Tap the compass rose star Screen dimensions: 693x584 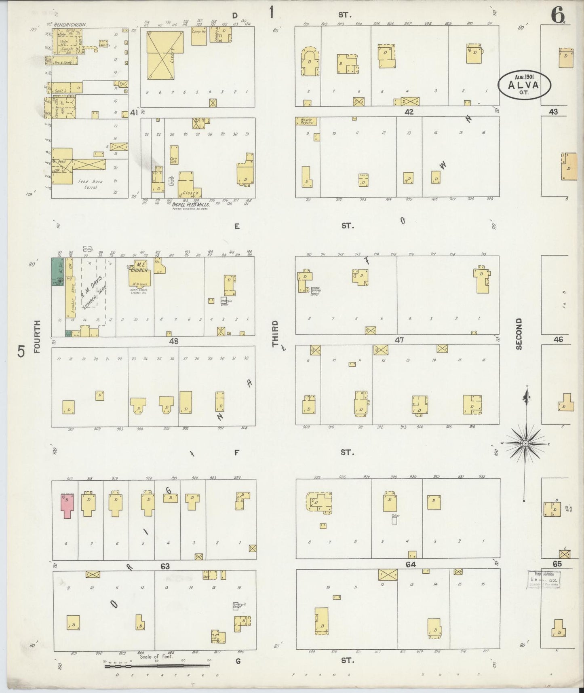(525, 444)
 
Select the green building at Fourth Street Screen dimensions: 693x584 (57, 272)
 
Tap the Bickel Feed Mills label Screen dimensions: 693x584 (190, 205)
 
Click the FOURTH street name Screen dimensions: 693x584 (38, 336)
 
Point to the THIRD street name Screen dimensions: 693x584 (275, 334)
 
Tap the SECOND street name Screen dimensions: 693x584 (519, 334)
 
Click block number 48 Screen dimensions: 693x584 (173, 341)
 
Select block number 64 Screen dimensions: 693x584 (411, 564)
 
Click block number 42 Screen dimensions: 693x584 (409, 112)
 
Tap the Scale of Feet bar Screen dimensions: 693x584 (158, 666)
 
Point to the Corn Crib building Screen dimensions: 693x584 (174, 154)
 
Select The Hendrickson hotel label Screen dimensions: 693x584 (67, 25)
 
